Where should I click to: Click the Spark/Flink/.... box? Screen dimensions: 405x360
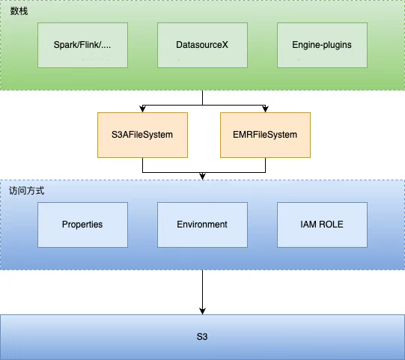tap(82, 45)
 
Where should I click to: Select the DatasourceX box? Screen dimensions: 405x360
tap(202, 45)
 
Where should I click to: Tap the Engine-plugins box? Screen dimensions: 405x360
tap(322, 45)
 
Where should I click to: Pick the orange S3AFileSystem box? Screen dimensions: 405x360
tap(142, 135)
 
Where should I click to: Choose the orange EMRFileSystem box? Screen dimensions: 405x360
tap(265, 135)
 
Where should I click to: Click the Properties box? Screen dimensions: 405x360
tap(82, 225)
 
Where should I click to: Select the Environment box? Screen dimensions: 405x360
tap(202, 225)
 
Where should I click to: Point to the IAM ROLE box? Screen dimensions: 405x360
tap(322, 225)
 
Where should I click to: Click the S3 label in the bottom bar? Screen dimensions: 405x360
tap(202, 337)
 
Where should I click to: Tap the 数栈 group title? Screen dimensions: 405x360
tap(19, 11)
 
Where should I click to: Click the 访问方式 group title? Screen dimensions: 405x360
tap(27, 191)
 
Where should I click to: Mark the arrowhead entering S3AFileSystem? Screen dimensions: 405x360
tap(142, 109)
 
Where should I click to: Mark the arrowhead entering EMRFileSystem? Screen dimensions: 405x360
tap(265, 109)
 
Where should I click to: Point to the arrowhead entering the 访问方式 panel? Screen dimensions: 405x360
tap(202, 177)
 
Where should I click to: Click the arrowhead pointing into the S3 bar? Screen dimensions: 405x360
tap(202, 311)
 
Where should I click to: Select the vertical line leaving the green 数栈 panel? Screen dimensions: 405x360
tap(202, 97)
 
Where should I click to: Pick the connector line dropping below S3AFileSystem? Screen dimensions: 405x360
tap(142, 165)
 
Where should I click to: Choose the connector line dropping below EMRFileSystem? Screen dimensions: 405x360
tap(265, 165)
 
